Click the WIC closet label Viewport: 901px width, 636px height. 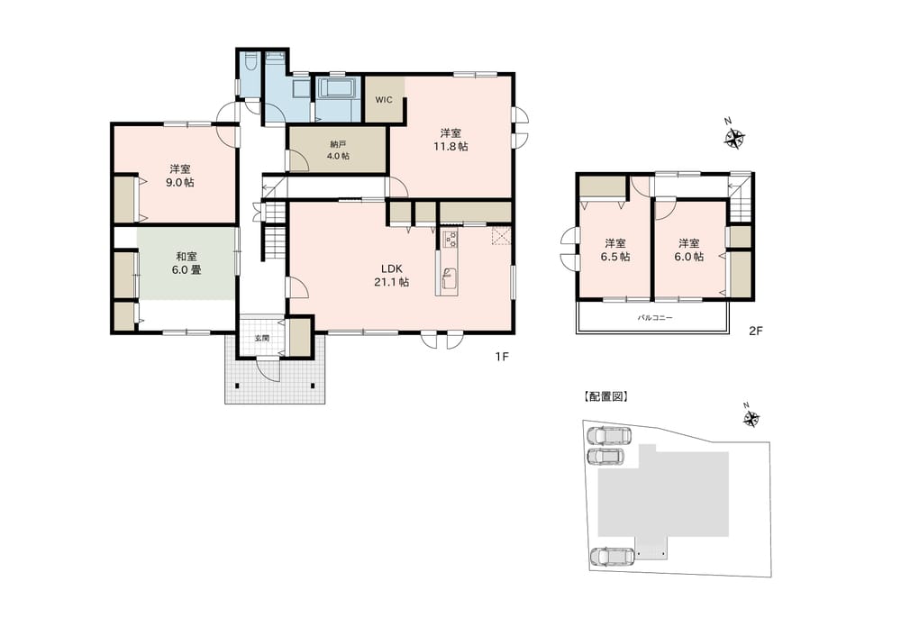384,100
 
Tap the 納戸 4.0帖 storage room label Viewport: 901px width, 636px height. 337,150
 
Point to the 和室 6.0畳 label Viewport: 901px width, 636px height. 187,263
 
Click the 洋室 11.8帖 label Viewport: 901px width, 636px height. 450,140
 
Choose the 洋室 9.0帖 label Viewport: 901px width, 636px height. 180,176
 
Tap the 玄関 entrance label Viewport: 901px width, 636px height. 262,339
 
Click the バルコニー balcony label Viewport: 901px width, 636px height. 654,318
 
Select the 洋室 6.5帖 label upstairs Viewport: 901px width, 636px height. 614,250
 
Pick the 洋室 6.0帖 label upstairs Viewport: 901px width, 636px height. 688,250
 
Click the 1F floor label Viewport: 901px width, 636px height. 502,357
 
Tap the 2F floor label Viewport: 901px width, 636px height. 755,331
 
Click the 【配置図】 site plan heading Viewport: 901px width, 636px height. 606,396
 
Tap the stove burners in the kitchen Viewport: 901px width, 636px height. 449,239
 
